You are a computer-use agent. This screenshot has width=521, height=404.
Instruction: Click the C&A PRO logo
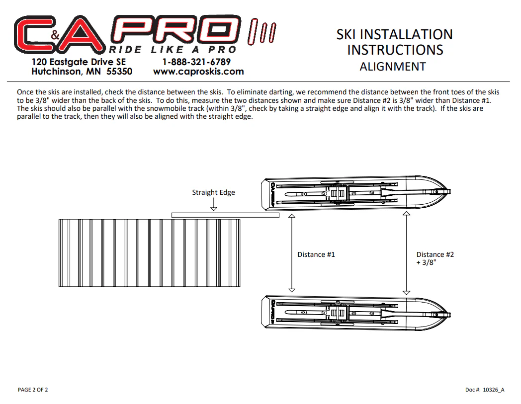click(145, 35)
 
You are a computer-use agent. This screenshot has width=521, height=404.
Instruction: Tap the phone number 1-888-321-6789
click(196, 62)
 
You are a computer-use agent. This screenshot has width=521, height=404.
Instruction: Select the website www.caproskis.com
click(198, 72)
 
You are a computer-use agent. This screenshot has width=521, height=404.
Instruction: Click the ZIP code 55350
click(119, 72)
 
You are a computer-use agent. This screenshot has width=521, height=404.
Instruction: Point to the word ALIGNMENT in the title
click(393, 67)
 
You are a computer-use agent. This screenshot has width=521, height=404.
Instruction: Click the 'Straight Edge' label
click(213, 192)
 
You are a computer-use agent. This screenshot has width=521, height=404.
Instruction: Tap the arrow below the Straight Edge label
click(214, 204)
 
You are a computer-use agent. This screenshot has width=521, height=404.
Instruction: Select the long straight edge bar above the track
click(225, 215)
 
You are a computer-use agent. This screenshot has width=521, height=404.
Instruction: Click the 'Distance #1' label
click(316, 254)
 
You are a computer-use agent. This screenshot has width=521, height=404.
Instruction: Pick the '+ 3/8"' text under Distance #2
click(426, 262)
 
